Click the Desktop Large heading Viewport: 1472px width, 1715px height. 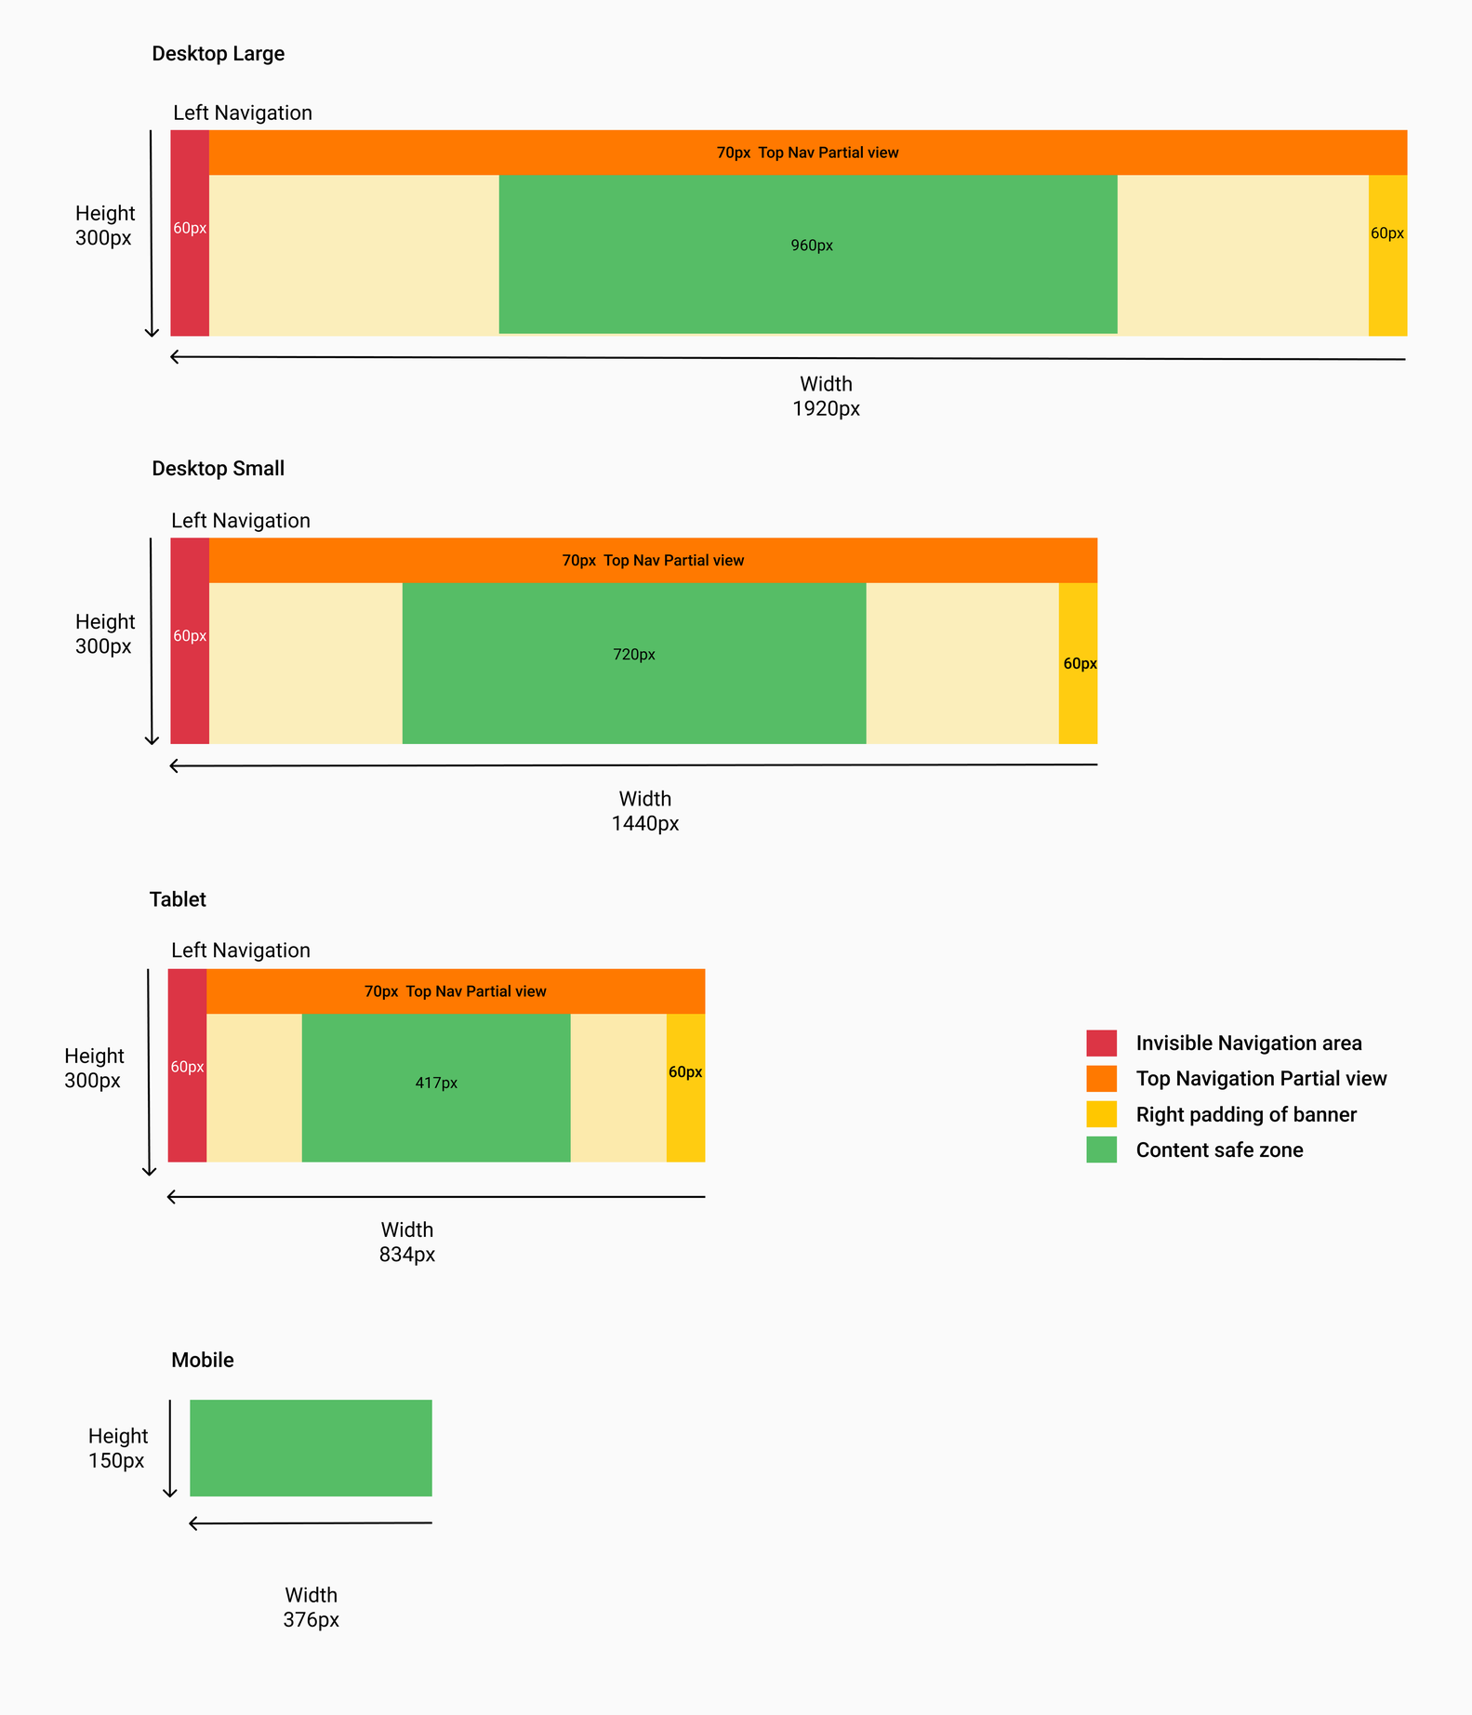(218, 54)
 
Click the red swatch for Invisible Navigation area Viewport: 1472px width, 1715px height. (1101, 1043)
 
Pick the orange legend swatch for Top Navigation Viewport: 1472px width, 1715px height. (1101, 1079)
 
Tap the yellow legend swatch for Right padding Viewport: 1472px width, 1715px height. (1101, 1114)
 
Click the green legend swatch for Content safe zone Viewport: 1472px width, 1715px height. (1101, 1150)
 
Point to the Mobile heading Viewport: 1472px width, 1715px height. (202, 1360)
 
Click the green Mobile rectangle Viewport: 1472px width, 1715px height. (311, 1448)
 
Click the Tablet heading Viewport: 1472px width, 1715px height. (178, 899)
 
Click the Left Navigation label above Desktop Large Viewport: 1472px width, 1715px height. (242, 113)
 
